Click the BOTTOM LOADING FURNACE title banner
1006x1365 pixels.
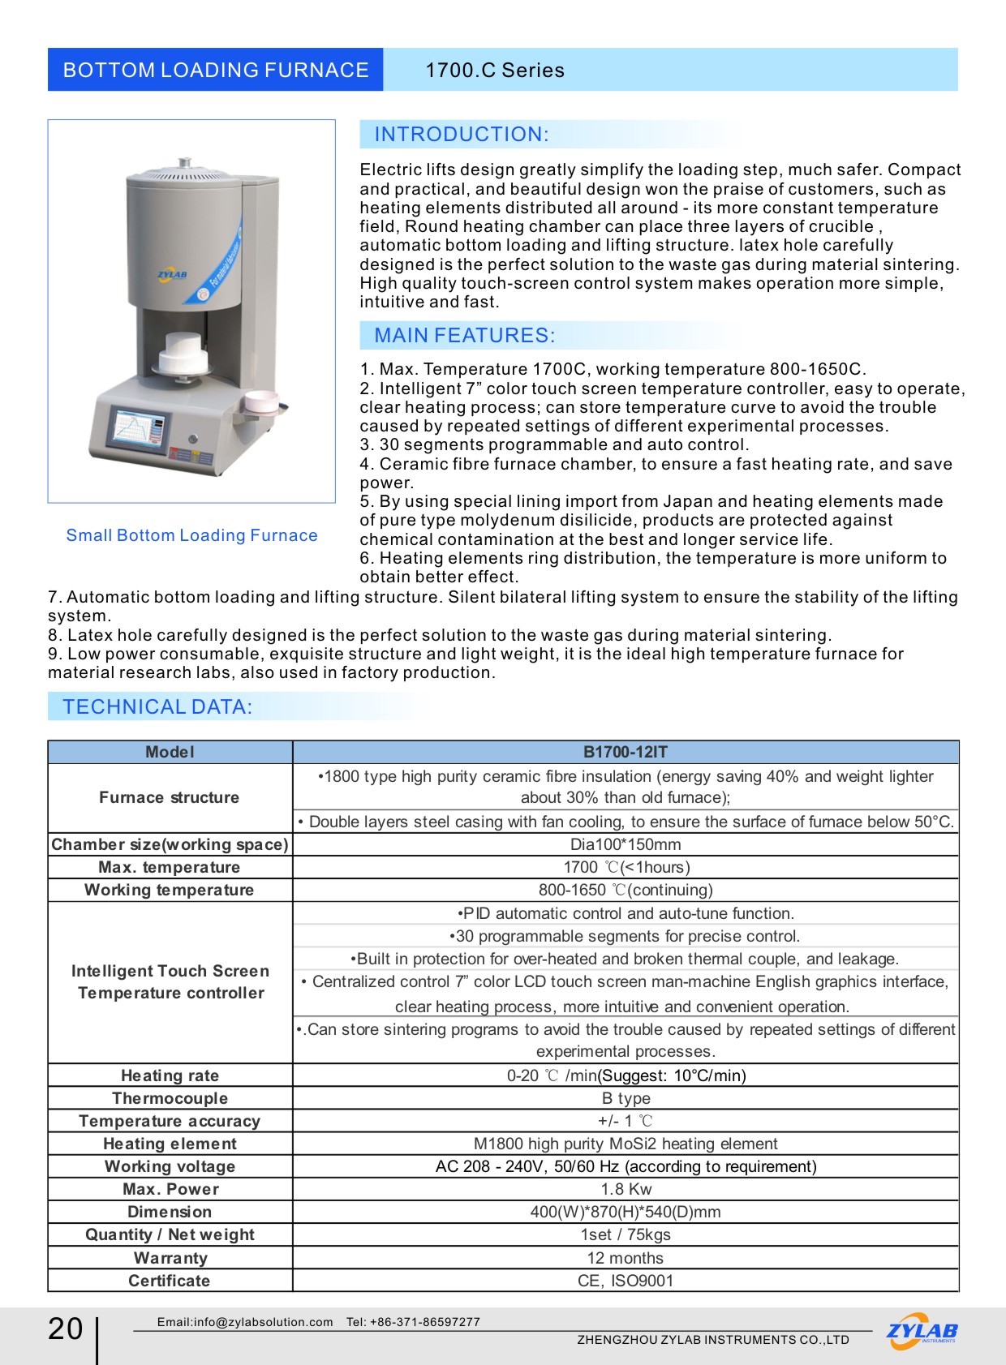point(215,70)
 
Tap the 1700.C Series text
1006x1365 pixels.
point(495,71)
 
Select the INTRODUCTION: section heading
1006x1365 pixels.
point(462,135)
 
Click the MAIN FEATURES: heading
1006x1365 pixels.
point(464,336)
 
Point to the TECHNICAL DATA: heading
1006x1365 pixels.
point(157,707)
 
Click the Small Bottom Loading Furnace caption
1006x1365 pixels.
point(191,535)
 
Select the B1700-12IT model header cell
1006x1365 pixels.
point(626,752)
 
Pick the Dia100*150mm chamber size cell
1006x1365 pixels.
point(626,844)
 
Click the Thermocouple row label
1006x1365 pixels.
point(170,1098)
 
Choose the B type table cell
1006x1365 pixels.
point(626,1098)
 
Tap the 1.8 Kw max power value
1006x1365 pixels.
point(626,1189)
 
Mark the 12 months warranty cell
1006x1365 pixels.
point(626,1258)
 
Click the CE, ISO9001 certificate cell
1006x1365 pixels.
point(626,1281)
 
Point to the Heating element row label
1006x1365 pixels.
point(170,1144)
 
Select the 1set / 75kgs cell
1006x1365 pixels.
point(626,1234)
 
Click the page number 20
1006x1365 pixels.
point(66,1329)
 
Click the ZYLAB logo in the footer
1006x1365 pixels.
point(922,1332)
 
